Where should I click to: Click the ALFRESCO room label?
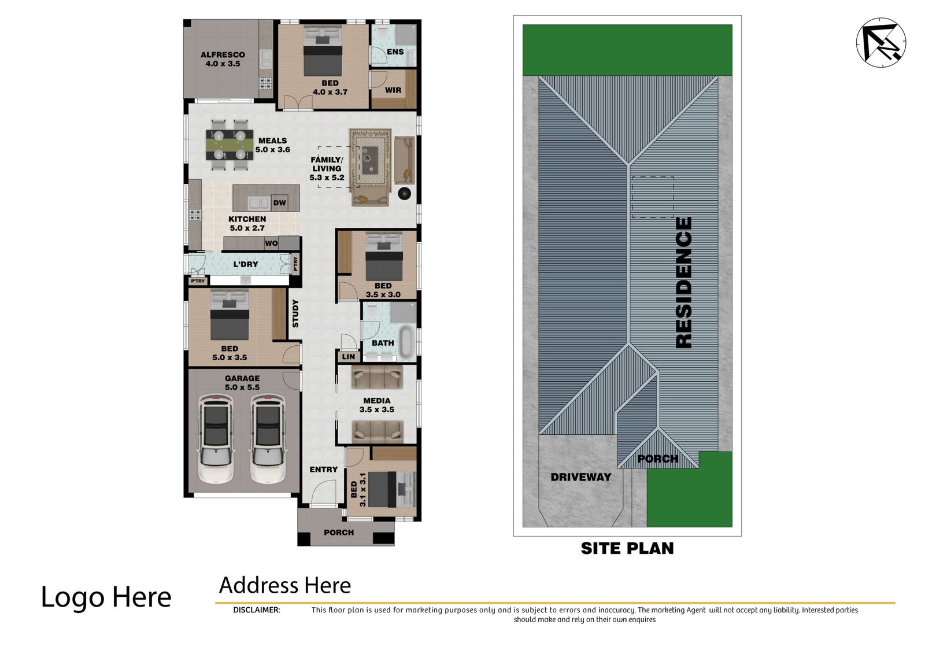(223, 54)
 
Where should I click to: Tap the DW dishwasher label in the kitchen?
(280, 202)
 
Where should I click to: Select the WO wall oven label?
(271, 243)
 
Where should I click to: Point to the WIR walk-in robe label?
(393, 90)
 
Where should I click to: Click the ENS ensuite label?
(395, 51)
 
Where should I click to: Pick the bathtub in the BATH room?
(406, 342)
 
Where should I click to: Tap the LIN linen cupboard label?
(349, 357)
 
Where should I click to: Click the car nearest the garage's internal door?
(268, 439)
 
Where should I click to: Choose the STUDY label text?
(295, 313)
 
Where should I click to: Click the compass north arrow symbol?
(881, 43)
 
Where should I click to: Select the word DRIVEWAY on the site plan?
(580, 477)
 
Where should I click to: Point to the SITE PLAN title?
(627, 548)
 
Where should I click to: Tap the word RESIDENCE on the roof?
(683, 283)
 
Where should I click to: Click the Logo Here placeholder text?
(106, 597)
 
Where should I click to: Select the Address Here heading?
(285, 585)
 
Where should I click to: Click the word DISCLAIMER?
(257, 610)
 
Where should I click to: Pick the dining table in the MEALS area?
(230, 145)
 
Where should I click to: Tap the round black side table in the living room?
(404, 193)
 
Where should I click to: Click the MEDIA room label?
(376, 401)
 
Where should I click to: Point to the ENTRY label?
(324, 470)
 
